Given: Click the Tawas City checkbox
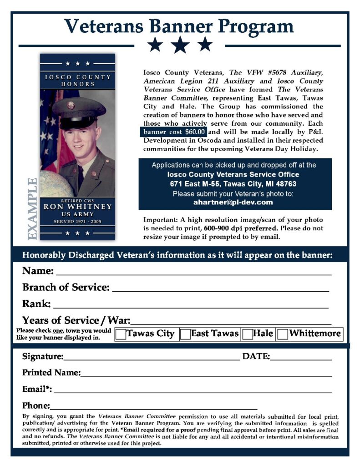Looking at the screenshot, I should coord(121,334).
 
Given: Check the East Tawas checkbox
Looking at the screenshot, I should coord(185,334).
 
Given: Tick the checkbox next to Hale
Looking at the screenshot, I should coord(247,334).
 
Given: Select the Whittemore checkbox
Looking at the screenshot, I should coord(283,334).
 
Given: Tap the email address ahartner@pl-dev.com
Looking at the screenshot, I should coord(233,202).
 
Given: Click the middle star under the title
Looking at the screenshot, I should coord(181,45).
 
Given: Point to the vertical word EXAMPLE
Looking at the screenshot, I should coord(32,208).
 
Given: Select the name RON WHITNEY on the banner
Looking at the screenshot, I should coord(77,207).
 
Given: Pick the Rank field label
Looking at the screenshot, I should coord(36,304).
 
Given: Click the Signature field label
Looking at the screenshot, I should coord(43,356).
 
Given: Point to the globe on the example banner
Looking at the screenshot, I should coord(55,184).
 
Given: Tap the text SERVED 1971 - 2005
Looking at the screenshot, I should coord(77,222).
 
